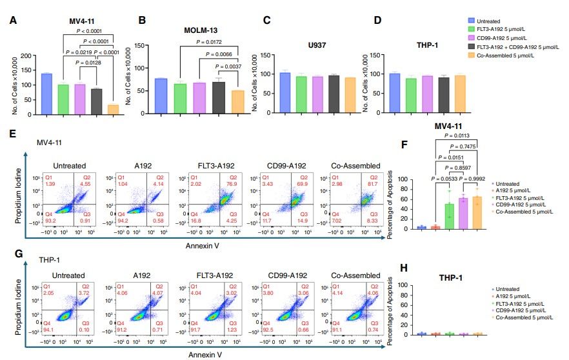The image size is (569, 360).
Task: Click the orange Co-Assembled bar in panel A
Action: [113, 110]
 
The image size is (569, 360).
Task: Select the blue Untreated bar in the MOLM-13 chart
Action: [161, 97]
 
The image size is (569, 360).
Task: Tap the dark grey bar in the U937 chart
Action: [334, 95]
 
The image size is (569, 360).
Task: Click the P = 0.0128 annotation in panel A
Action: [88, 63]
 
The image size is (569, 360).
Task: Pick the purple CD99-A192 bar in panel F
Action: [463, 213]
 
